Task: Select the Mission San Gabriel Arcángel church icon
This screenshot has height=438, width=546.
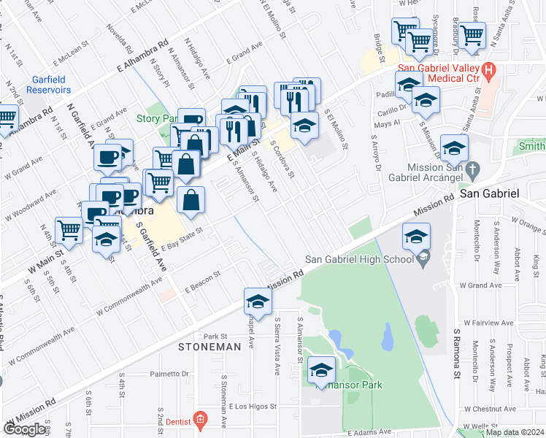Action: tap(472, 169)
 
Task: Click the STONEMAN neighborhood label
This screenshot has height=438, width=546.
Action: tap(209, 347)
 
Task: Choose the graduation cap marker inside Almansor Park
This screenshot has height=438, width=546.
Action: tap(321, 371)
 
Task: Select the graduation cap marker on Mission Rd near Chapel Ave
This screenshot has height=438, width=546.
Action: tap(257, 301)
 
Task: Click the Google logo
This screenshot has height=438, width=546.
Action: tap(24, 430)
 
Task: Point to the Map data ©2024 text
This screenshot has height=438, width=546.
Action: tap(515, 432)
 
